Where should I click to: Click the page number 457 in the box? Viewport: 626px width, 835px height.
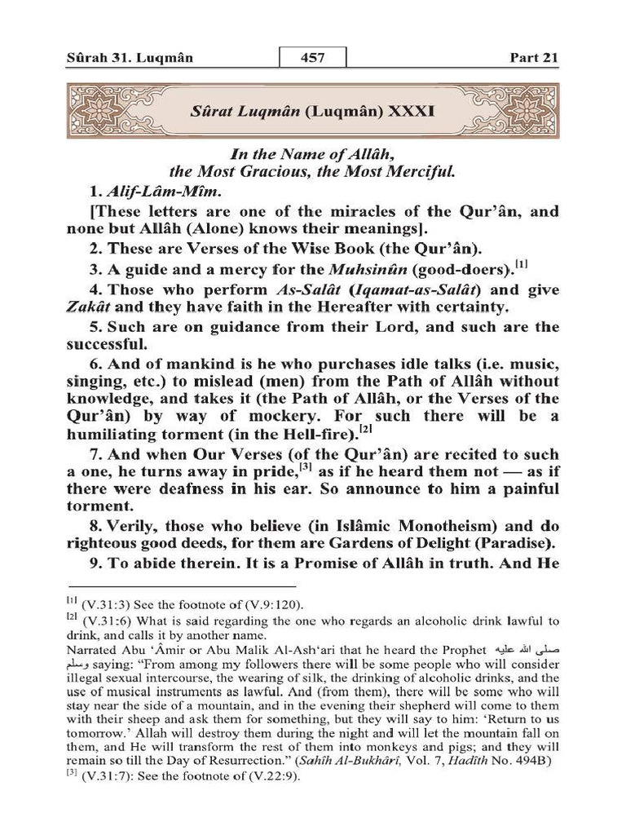[313, 58]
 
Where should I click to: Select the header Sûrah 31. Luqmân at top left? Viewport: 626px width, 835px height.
[123, 59]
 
